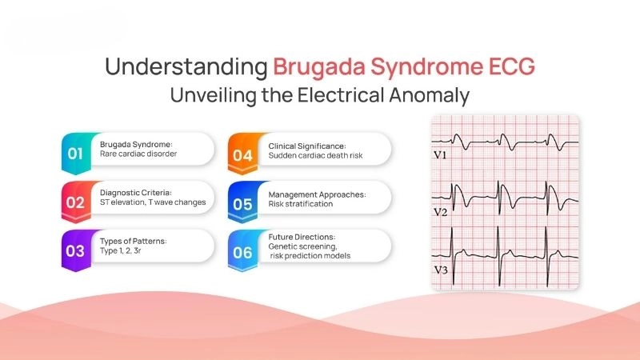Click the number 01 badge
coord(75,150)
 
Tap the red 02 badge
coord(75,202)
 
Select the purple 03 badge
coord(75,250)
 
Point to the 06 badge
coord(242,250)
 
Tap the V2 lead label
coord(440,212)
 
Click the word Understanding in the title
coord(185,66)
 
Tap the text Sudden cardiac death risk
coord(316,155)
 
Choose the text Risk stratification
coord(301,204)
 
